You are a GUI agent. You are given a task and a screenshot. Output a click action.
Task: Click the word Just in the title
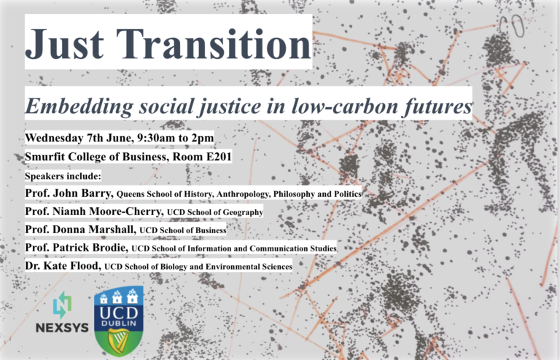(64, 43)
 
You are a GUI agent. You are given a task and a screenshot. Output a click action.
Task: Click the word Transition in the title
(214, 43)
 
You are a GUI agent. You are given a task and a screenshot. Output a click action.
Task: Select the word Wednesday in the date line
(54, 138)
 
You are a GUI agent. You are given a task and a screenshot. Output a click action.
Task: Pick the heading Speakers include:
(63, 176)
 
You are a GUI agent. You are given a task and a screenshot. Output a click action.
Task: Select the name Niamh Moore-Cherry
(106, 211)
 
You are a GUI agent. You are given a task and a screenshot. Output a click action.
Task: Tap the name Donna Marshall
(93, 230)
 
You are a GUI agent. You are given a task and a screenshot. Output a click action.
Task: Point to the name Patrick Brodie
(89, 248)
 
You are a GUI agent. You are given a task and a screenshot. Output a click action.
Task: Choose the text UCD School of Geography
(215, 212)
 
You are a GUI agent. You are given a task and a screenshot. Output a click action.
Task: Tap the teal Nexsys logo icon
(62, 305)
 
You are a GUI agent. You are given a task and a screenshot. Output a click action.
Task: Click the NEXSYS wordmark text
(62, 327)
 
